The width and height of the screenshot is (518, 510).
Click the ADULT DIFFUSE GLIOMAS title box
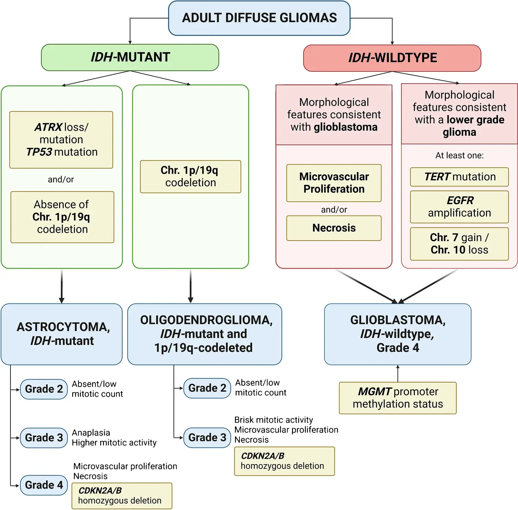coord(259,18)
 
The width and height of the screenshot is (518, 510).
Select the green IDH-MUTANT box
coord(130,57)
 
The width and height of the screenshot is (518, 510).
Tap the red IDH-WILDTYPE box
coord(392,58)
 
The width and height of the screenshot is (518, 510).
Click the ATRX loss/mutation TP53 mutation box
coord(61,140)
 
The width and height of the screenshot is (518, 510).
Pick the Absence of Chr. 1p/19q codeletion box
coord(62,217)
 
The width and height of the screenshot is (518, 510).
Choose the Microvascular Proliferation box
coord(334,183)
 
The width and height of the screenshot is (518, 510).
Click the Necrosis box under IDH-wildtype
coord(334,228)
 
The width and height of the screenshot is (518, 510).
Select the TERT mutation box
coord(459,177)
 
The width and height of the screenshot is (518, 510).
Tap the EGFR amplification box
coord(459,207)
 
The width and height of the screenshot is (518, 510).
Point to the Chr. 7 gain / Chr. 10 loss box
coord(459,244)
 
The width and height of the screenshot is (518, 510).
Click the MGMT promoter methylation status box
coord(398,398)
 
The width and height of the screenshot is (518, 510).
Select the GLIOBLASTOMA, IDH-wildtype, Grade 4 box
coord(398,334)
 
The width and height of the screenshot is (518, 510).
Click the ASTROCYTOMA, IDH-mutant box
coord(62,334)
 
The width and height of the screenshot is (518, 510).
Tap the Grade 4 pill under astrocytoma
coord(44,485)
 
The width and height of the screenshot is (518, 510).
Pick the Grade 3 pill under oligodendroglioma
coord(207,437)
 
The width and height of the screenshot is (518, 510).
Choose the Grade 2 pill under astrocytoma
coord(44,389)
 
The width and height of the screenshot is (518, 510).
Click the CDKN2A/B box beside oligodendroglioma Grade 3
coord(284,461)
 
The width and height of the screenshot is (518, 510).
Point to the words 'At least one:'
coord(459,156)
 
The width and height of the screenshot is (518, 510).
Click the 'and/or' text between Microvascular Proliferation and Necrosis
coord(334,210)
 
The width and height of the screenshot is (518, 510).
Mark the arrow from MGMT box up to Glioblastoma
coord(398,374)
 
